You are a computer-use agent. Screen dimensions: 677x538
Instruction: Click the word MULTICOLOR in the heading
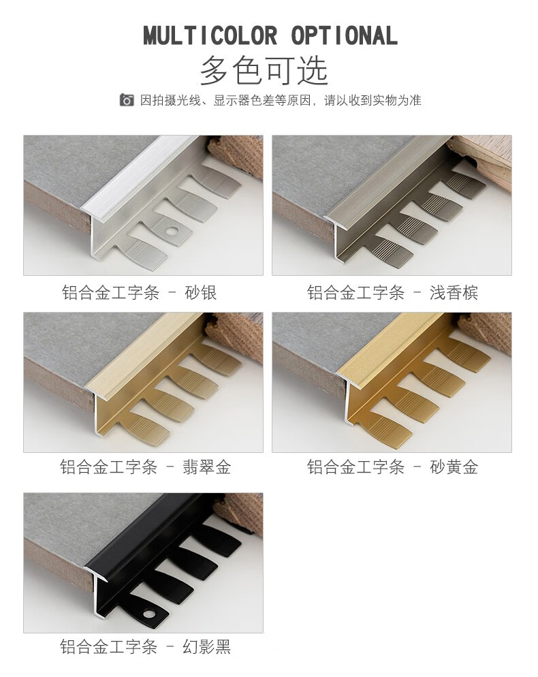(x=210, y=35)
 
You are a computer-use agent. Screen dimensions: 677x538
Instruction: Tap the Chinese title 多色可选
(x=264, y=70)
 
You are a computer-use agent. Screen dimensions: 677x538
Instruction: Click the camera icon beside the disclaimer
(x=127, y=100)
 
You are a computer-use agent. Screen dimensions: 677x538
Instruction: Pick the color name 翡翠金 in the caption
(x=207, y=467)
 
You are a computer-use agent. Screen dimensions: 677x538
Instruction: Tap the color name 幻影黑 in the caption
(x=207, y=646)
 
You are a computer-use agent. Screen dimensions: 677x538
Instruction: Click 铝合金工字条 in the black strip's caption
(x=108, y=646)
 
